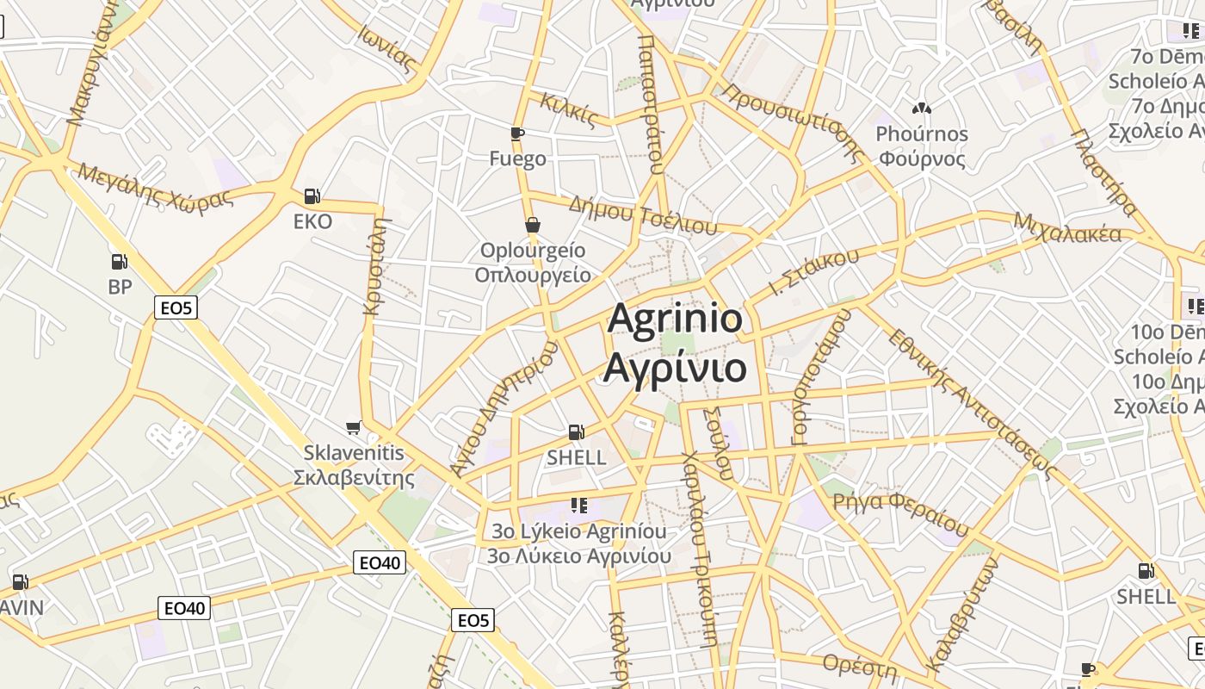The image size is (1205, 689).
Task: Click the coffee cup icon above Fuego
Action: pos(516,133)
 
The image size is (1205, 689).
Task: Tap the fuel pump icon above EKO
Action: pos(312,196)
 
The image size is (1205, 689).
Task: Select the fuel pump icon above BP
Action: pos(120,261)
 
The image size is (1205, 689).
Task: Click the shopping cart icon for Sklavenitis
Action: pos(353,427)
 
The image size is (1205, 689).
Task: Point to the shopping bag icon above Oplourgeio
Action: pos(533,226)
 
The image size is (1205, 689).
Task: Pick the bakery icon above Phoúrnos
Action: pos(922,109)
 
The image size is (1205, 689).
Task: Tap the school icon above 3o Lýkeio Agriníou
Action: pos(578,505)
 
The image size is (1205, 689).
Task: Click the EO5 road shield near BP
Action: pos(176,307)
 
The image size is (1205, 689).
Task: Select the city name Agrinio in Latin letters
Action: pos(675,319)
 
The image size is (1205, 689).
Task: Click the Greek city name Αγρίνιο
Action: pos(675,367)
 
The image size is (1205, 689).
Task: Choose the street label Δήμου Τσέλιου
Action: pos(643,215)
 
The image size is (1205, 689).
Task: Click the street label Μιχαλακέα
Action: pos(1067,227)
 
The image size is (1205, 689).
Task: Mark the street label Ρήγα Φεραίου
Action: pos(900,512)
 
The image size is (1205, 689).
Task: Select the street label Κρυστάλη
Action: pos(375,267)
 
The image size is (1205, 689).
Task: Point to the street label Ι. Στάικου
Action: pos(813,272)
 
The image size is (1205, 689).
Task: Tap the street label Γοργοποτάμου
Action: pos(820,376)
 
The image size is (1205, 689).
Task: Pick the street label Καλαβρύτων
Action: pos(962,613)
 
